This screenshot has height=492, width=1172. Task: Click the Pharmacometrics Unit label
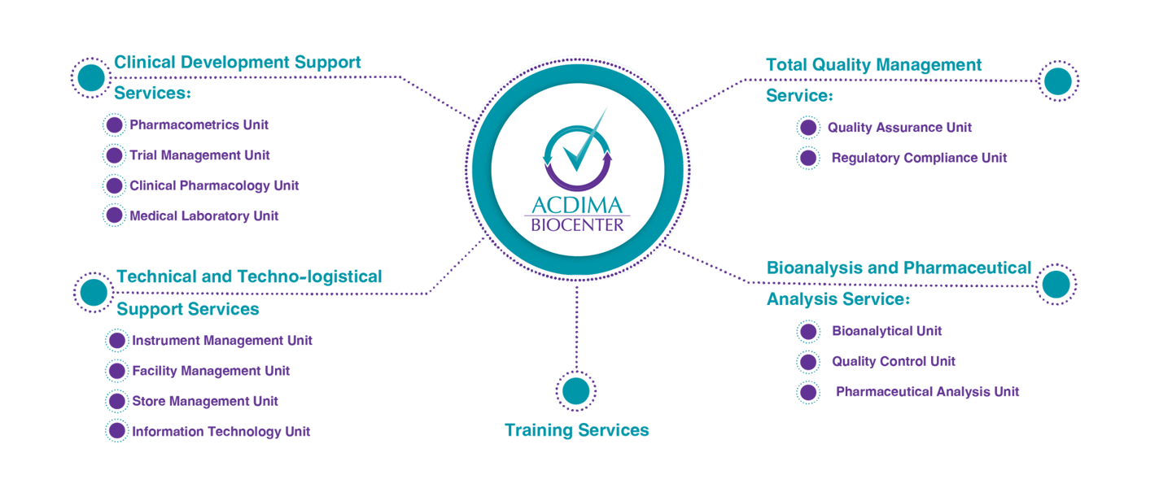[199, 125]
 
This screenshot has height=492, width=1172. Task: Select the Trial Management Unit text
[199, 155]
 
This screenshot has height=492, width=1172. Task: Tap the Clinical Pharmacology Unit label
[214, 185]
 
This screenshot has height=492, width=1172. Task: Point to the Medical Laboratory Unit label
[204, 216]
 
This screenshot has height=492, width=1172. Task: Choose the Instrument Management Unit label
[221, 341]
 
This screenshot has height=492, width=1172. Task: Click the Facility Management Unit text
[211, 371]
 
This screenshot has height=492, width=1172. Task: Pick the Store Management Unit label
[205, 401]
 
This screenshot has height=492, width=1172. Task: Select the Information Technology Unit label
[221, 431]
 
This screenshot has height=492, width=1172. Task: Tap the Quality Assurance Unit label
[899, 128]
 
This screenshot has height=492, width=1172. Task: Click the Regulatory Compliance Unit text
[919, 158]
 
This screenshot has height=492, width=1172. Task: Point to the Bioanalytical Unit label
[886, 331]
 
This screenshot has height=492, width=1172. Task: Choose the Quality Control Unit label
[893, 361]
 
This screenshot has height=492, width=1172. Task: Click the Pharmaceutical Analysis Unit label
[927, 391]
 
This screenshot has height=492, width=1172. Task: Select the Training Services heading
[576, 429]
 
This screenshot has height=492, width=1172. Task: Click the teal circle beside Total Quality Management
[1058, 81]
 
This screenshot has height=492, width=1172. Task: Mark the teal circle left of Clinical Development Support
[91, 78]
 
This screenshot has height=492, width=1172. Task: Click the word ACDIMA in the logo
[575, 204]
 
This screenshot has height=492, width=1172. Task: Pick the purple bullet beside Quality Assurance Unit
[807, 128]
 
